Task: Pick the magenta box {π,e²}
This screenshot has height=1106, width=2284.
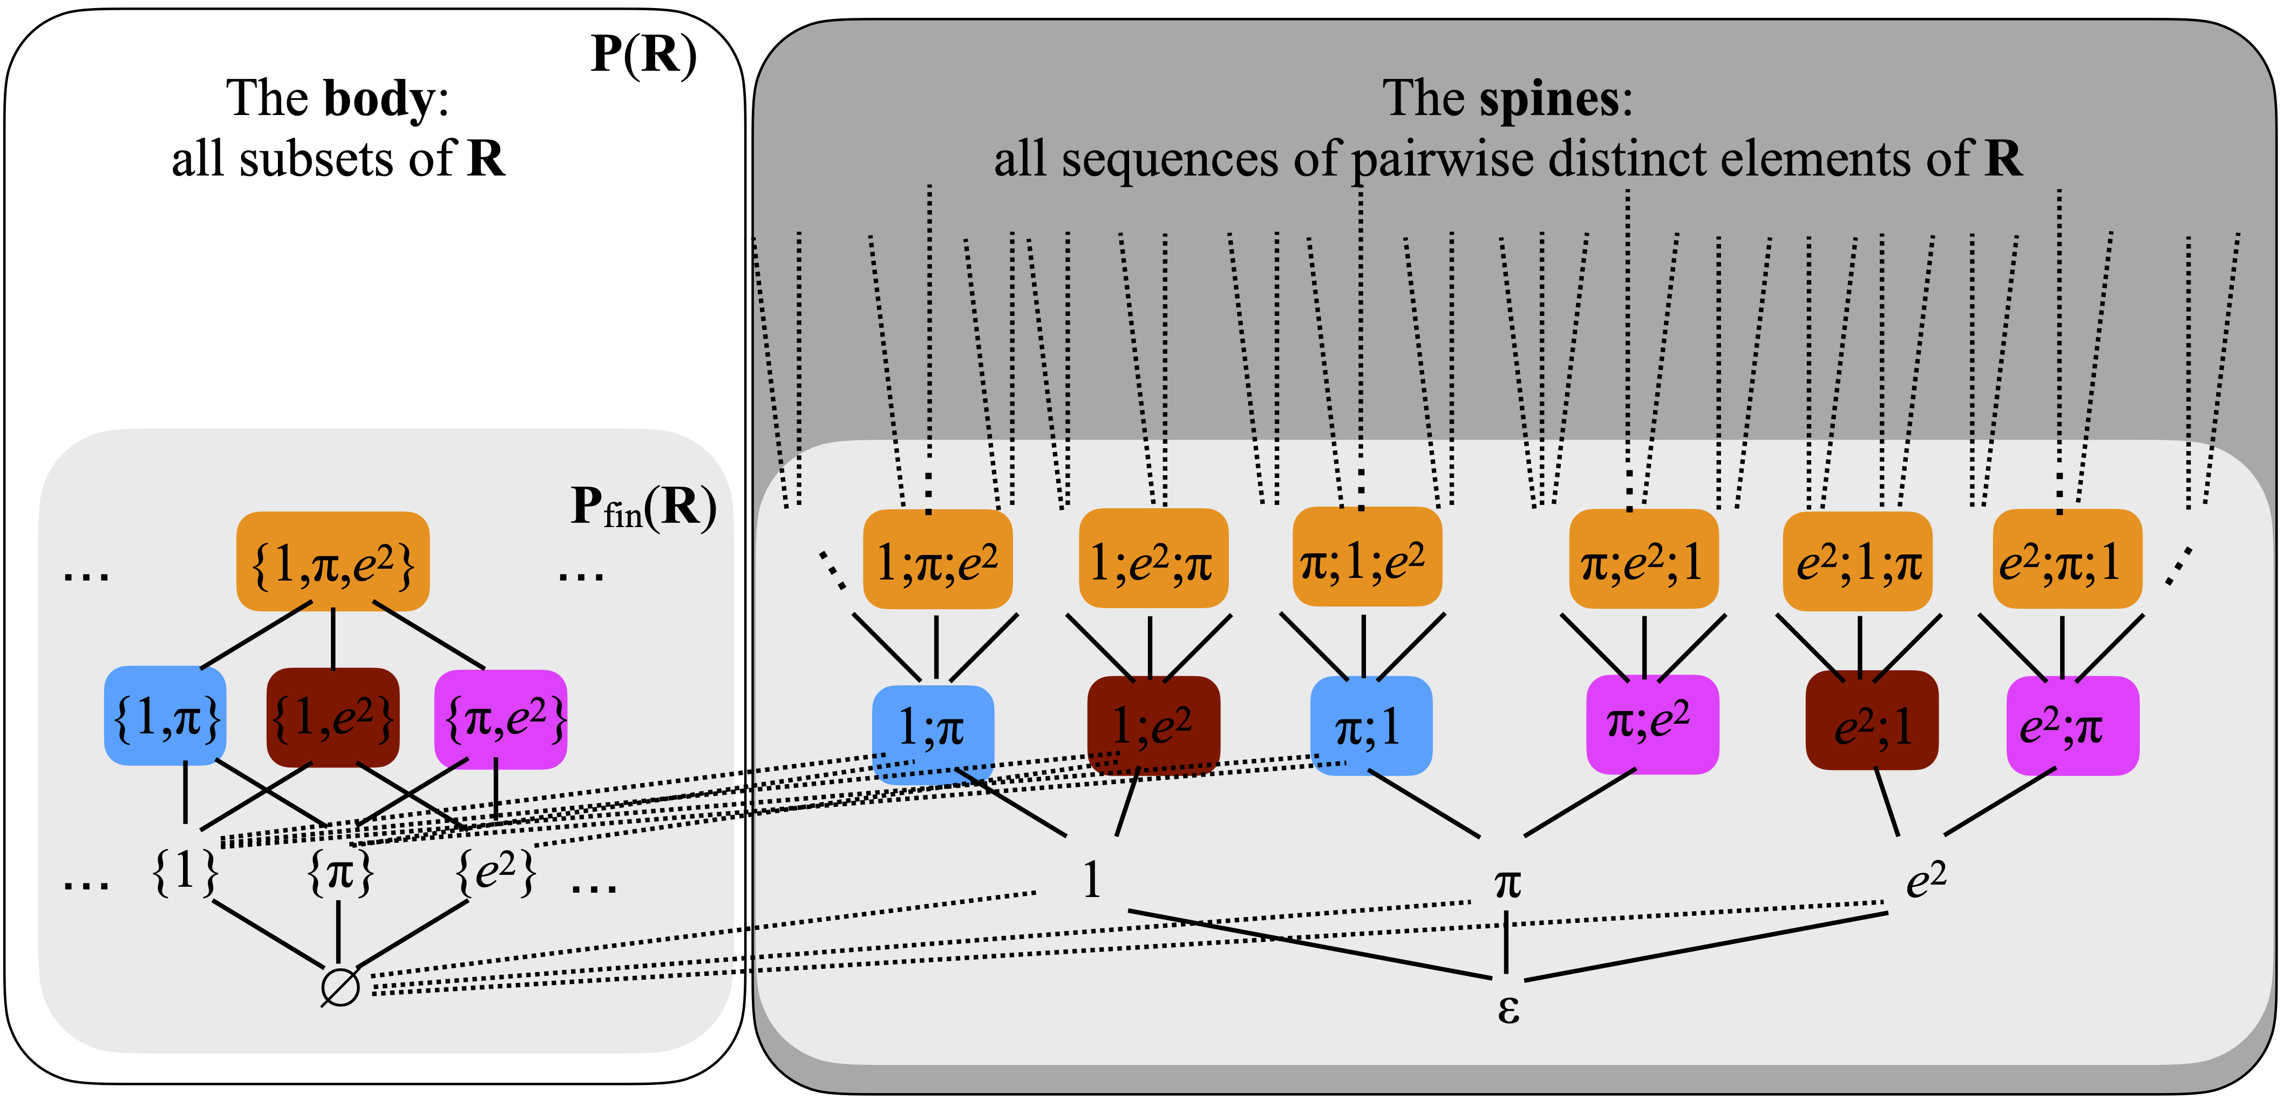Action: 501,718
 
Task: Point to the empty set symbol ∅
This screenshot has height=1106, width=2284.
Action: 339,986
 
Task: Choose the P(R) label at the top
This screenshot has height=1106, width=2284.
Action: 644,55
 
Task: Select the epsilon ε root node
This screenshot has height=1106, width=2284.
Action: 1507,1008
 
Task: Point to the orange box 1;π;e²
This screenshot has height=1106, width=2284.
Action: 937,559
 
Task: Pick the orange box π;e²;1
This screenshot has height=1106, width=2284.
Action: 1643,559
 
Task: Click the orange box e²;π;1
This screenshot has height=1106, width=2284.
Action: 2067,559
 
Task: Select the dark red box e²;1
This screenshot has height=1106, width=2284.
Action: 1872,721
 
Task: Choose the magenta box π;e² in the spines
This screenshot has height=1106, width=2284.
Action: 1652,724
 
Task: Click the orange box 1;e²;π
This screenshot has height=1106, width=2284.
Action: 1153,559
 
